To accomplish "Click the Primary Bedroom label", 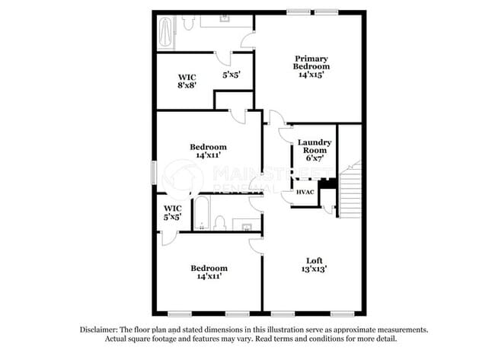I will click(311, 62).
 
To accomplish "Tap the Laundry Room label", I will click(313, 147).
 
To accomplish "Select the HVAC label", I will click(305, 193).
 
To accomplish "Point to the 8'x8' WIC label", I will click(187, 81).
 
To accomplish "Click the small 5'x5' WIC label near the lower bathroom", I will click(172, 212).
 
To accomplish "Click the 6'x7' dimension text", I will click(313, 159).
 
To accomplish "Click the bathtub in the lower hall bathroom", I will click(200, 213).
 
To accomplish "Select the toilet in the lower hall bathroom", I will click(219, 222).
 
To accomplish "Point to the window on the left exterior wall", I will click(155, 171).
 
